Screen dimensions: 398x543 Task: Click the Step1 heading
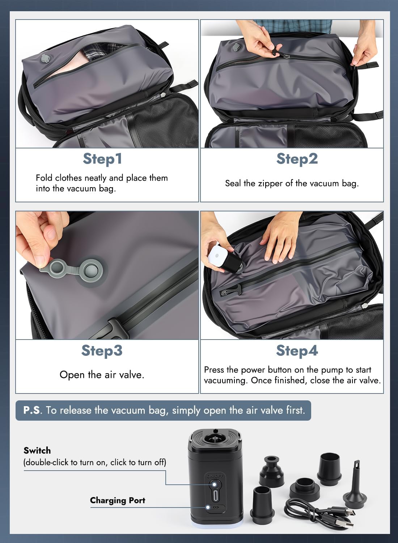(x=102, y=159)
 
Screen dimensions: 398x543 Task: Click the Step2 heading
(x=297, y=159)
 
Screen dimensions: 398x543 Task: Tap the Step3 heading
(x=102, y=351)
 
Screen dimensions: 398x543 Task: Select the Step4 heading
(x=297, y=351)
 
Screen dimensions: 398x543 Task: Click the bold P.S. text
(x=31, y=410)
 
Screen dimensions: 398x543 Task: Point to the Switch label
(x=37, y=450)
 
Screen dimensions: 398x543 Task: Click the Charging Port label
(x=118, y=500)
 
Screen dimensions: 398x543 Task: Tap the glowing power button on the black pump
(x=214, y=484)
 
